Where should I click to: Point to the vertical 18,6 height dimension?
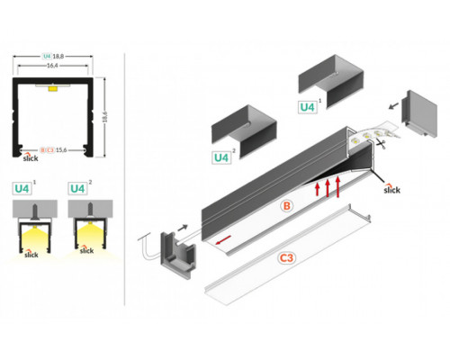tap(107, 114)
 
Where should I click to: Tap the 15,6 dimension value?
tap(62, 148)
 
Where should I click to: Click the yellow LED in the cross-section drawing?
tap(54, 88)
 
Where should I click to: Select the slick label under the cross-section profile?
tap(30, 158)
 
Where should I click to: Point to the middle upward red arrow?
tap(328, 188)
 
